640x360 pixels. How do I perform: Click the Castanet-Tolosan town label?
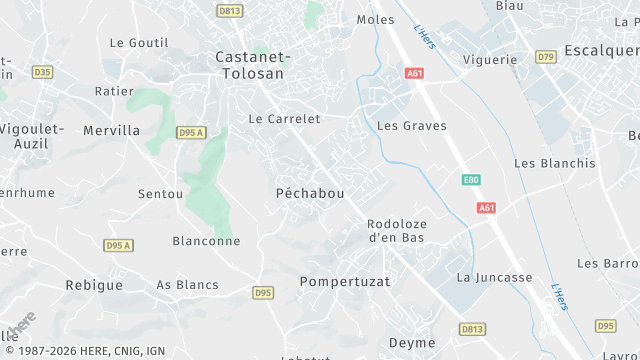(x=253, y=65)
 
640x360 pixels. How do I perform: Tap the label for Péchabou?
(x=310, y=192)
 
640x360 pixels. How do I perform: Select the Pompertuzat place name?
(x=345, y=282)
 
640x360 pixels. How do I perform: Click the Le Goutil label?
(x=139, y=43)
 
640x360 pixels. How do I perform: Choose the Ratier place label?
(x=113, y=91)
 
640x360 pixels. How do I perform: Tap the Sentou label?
(x=161, y=193)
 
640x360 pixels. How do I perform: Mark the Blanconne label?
(x=206, y=241)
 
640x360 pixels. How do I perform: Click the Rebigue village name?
(x=94, y=285)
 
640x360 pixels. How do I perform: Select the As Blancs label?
(x=187, y=285)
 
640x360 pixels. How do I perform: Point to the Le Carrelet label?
(x=284, y=119)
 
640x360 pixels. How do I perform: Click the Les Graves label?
(x=412, y=126)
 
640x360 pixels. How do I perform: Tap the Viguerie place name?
(x=490, y=60)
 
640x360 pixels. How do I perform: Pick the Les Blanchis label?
(x=554, y=163)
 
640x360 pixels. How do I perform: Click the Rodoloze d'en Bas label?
(x=396, y=231)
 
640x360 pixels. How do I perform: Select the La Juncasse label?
(x=494, y=277)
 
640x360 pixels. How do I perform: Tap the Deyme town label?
(x=412, y=343)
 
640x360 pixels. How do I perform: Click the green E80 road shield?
(x=471, y=180)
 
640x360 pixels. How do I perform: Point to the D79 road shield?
(x=546, y=57)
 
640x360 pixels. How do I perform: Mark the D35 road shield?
(x=42, y=72)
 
